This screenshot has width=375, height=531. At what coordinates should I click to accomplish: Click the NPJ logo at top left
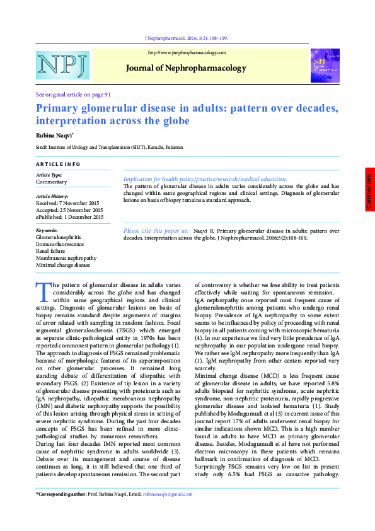(x=63, y=66)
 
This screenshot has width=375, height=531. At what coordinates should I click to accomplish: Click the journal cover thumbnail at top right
(x=325, y=66)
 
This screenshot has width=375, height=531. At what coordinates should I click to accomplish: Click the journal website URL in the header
(x=187, y=53)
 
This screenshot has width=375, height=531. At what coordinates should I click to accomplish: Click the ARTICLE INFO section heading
(x=58, y=164)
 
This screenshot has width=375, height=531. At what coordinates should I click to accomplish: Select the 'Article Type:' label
(x=49, y=175)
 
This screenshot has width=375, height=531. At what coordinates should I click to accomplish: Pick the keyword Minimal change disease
(x=63, y=265)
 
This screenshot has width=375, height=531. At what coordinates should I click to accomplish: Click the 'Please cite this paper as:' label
(x=156, y=231)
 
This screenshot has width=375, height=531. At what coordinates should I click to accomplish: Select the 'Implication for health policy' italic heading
(x=205, y=179)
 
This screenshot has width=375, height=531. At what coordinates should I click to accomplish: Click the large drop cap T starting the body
(x=43, y=291)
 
